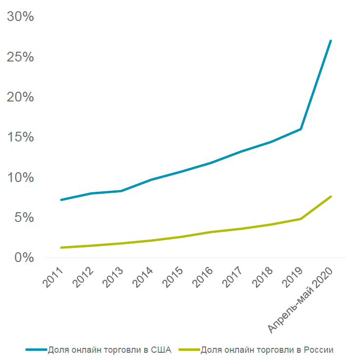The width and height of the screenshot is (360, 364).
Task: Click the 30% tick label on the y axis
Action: [20, 17]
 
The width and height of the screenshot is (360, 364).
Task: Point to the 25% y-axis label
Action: [20, 57]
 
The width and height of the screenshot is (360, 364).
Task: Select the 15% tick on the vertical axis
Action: [20, 137]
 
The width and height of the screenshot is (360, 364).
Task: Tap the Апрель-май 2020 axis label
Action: [301, 300]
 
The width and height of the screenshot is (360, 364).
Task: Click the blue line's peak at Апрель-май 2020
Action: [331, 40]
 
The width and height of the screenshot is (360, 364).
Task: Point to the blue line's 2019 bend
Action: [301, 129]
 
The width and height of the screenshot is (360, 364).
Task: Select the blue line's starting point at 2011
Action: [61, 200]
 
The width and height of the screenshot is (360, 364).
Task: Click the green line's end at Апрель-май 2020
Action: [331, 197]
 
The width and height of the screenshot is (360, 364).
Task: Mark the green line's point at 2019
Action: [301, 219]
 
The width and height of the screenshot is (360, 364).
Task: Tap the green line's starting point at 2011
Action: [61, 247]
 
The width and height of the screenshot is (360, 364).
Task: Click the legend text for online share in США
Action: [109, 349]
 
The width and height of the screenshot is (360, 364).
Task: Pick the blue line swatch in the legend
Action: [37, 350]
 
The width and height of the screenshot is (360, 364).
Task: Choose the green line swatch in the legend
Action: [189, 350]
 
